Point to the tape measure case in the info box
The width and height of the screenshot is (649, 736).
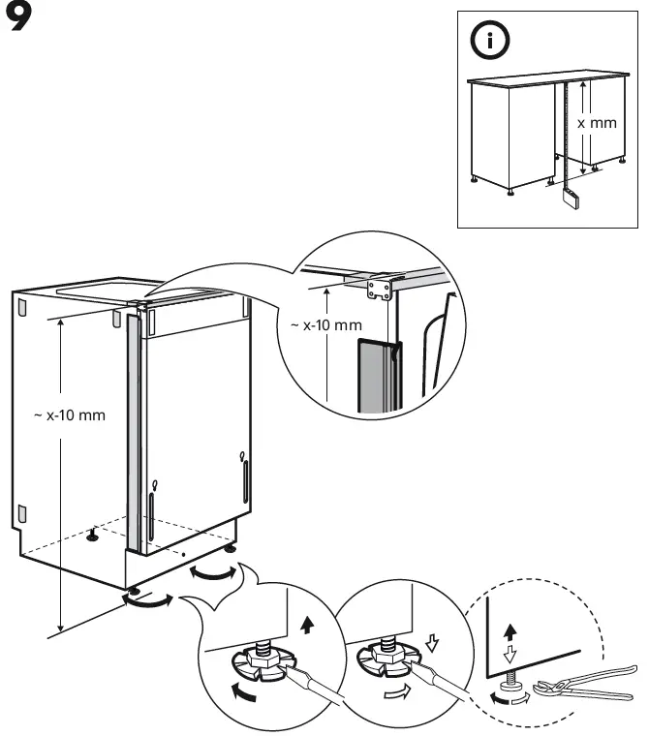click(571, 199)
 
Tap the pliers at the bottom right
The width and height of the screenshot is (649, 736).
click(581, 684)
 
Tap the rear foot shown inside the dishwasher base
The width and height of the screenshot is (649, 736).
click(94, 532)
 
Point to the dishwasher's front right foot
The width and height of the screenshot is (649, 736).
click(231, 549)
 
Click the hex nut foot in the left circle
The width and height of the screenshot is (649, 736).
click(261, 662)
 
